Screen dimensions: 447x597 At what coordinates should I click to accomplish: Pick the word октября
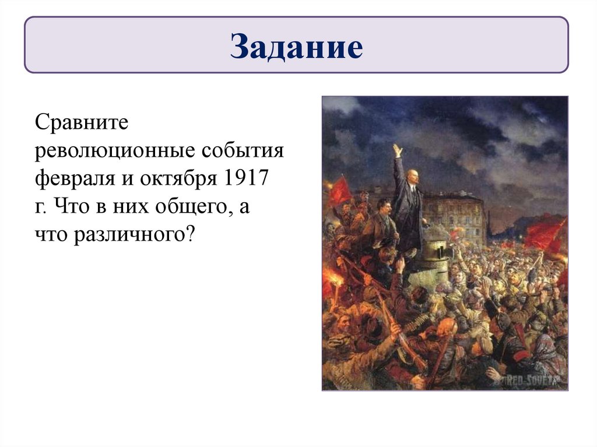coord(178,179)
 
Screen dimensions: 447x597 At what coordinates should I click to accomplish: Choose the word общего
coord(176,208)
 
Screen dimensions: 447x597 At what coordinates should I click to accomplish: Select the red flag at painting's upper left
coord(340,190)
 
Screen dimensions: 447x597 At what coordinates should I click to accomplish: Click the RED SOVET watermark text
coord(537,381)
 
